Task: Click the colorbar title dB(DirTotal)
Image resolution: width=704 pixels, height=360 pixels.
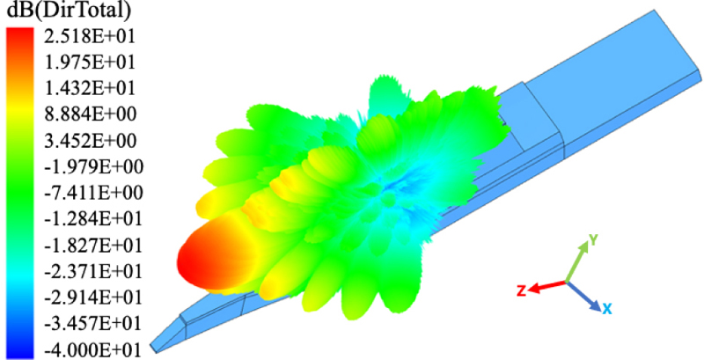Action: pos(67,11)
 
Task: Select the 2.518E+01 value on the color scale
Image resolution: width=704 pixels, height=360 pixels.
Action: pos(90,36)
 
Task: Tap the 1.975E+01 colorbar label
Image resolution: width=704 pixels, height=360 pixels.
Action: pos(90,62)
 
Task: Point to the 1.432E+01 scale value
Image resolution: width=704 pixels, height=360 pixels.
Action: pos(90,88)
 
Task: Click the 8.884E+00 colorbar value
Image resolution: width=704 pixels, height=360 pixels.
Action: pos(90,114)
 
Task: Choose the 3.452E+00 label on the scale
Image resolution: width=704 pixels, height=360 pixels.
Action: pos(90,141)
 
